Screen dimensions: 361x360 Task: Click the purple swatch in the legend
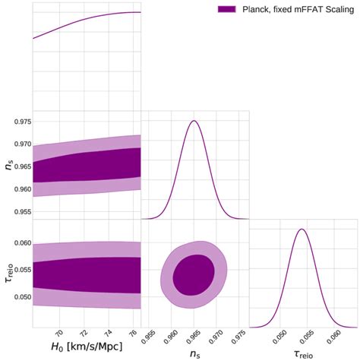coord(228,8)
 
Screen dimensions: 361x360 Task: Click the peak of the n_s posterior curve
coord(194,121)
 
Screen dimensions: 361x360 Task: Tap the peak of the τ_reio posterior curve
coord(302,229)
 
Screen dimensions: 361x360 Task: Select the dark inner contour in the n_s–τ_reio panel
coord(194,274)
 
